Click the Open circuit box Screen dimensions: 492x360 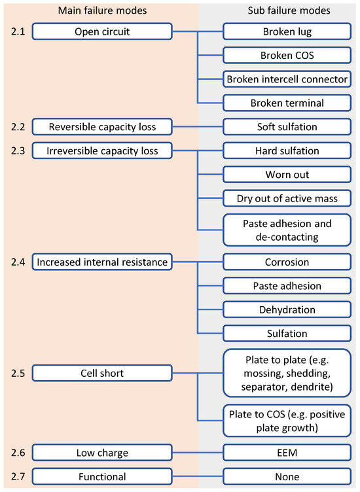click(102, 31)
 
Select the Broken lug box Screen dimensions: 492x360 click(287, 31)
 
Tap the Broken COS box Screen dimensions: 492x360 click(287, 55)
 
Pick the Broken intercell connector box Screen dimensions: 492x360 click(287, 79)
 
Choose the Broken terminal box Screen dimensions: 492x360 click(287, 103)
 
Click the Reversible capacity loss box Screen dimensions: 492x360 click(102, 127)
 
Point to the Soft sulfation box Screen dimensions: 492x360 click(287, 127)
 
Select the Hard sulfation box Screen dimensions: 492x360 click(287, 150)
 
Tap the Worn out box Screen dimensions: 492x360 click(287, 175)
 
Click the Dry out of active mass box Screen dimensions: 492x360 click(287, 198)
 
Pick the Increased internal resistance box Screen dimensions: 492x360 click(102, 262)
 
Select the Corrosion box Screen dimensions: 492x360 click(287, 262)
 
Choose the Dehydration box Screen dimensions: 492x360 click(287, 310)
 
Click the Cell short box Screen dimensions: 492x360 click(102, 373)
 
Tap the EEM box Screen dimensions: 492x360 click(287, 453)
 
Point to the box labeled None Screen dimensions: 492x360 click(287, 477)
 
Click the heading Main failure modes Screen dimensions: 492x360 click(102, 10)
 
